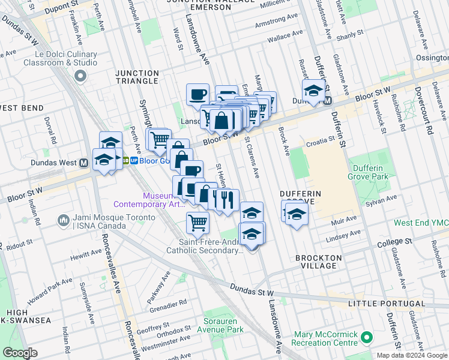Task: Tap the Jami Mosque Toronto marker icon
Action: point(64,221)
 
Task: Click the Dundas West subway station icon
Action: point(83,163)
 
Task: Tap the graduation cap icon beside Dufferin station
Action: point(313,91)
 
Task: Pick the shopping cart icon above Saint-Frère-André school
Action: point(197,223)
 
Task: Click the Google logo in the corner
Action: point(20,353)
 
